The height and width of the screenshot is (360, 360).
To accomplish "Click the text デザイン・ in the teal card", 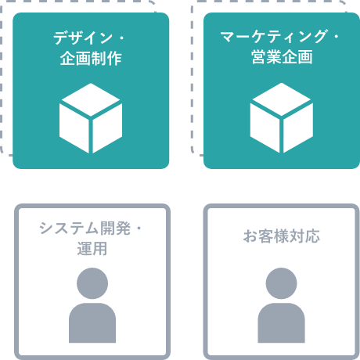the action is click(x=88, y=38).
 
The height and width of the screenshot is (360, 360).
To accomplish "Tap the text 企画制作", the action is click(x=91, y=58).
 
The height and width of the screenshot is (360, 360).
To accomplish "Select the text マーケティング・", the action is click(x=279, y=37).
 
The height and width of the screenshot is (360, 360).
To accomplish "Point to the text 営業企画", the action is click(x=282, y=57).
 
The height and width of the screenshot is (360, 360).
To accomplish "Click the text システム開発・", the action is click(x=90, y=229).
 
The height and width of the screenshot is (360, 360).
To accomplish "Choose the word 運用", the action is click(x=92, y=249).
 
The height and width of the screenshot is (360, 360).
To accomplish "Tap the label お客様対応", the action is click(x=282, y=236).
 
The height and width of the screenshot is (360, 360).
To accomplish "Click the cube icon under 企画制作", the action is click(x=91, y=118).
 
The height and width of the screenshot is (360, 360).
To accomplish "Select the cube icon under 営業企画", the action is click(x=282, y=118).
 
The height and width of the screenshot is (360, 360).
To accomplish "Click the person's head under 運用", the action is click(x=92, y=283).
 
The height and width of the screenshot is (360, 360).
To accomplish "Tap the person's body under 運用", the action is click(x=92, y=323).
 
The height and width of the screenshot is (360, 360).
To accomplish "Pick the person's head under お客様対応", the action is click(x=281, y=283).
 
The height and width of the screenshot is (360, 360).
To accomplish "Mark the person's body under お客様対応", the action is click(x=281, y=323).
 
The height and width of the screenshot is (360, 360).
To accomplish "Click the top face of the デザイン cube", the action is click(x=91, y=99).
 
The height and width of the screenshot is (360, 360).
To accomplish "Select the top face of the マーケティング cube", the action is click(x=282, y=99).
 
